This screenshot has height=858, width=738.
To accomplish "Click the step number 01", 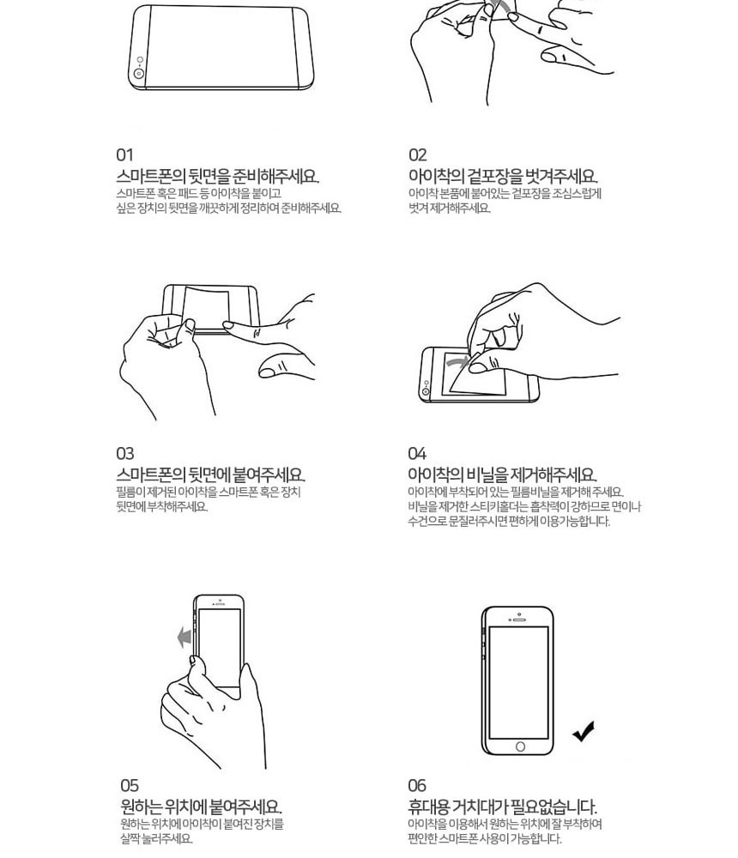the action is pyautogui.click(x=124, y=154).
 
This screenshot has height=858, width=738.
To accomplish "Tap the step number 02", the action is pyautogui.click(x=417, y=154).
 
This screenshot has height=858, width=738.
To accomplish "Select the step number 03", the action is pyautogui.click(x=124, y=454).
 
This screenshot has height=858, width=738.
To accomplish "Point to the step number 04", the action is pyautogui.click(x=417, y=454).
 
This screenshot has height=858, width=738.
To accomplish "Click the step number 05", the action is pyautogui.click(x=130, y=786).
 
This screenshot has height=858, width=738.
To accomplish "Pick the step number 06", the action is pyautogui.click(x=417, y=786).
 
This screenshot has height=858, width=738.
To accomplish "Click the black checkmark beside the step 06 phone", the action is pyautogui.click(x=584, y=732).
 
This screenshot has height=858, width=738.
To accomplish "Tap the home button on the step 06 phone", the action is pyautogui.click(x=520, y=746).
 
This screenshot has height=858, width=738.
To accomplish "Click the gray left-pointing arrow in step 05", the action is pyautogui.click(x=184, y=637).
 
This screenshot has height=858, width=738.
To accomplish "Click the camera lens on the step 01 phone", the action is pyautogui.click(x=139, y=73).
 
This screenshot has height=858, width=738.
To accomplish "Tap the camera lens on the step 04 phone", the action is pyautogui.click(x=426, y=392).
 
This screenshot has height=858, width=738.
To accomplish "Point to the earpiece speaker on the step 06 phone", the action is pyautogui.click(x=518, y=620).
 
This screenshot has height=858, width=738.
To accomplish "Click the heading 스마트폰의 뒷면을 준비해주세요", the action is pyautogui.click(x=217, y=176).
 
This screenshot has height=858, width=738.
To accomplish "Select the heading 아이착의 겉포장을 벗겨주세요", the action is pyautogui.click(x=503, y=176).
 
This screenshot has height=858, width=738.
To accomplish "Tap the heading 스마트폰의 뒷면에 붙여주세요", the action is pyautogui.click(x=211, y=474).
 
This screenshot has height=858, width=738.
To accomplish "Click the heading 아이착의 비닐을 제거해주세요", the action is pyautogui.click(x=502, y=474).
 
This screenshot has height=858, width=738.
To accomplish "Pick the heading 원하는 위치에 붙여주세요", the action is pyautogui.click(x=201, y=807).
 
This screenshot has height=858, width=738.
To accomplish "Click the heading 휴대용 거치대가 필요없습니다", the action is pyautogui.click(x=503, y=807).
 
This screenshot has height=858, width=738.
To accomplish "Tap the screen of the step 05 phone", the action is pyautogui.click(x=220, y=646).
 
